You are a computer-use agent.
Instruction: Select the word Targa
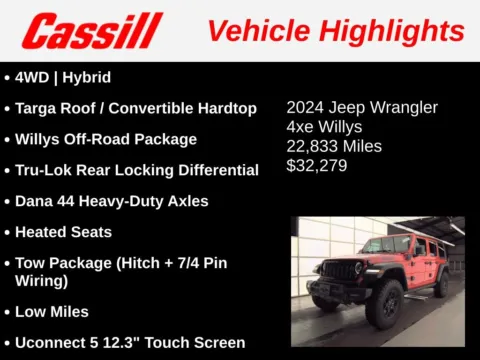point(39,108)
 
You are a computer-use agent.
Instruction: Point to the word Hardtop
point(225,108)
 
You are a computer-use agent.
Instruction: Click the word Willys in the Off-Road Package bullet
point(40,139)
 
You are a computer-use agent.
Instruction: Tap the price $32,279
point(317,165)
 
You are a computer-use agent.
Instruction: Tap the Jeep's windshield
point(388,246)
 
